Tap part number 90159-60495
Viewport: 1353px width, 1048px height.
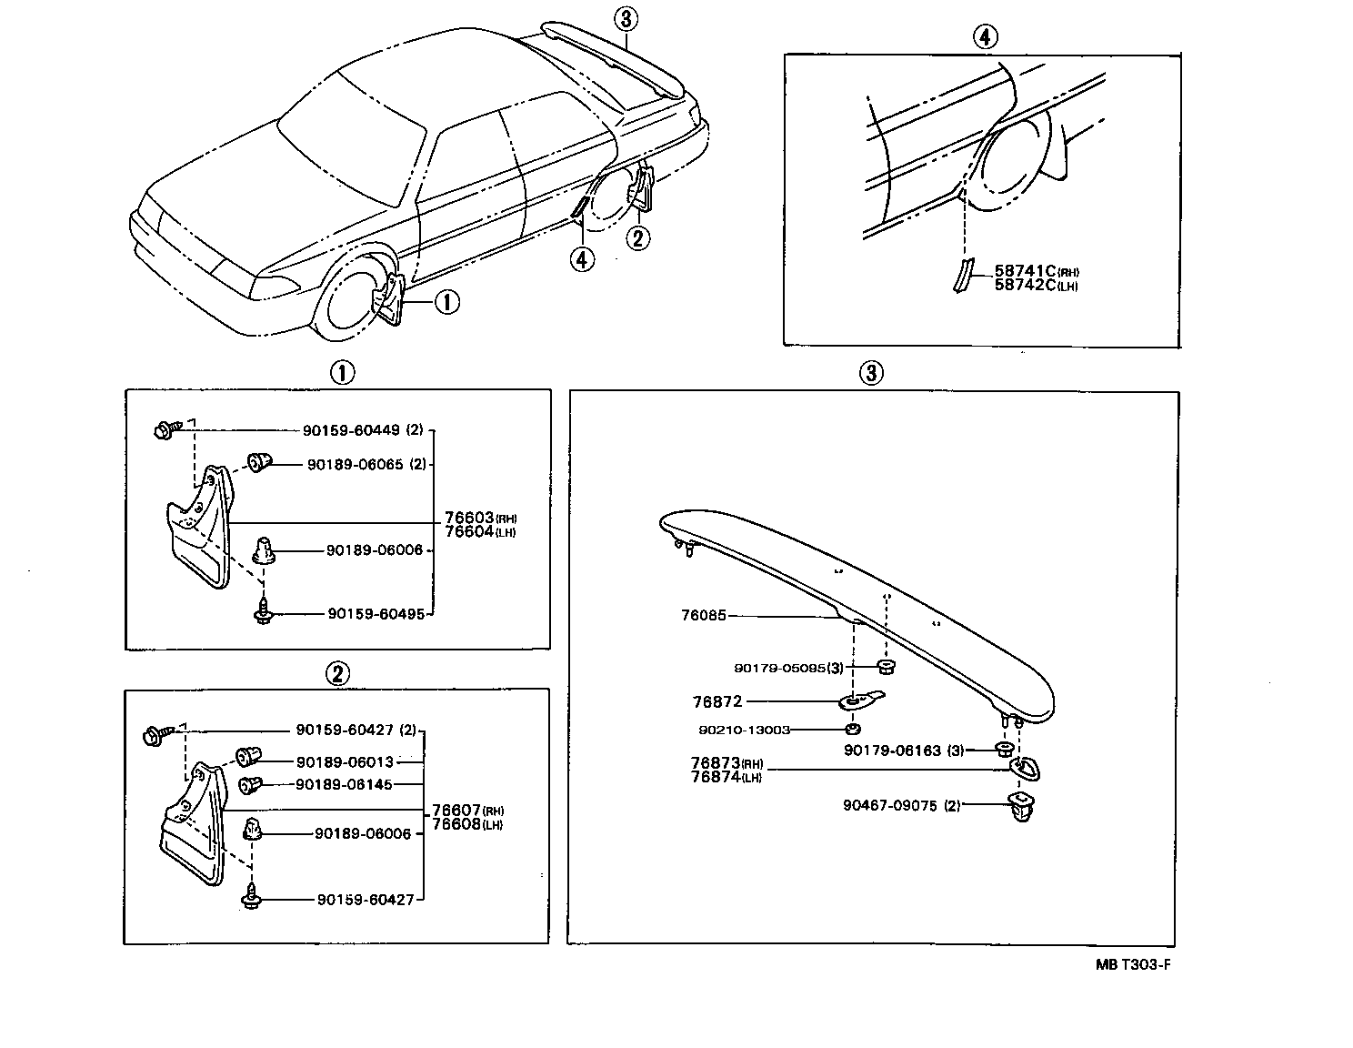[376, 614]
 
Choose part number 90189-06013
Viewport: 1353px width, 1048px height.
[344, 761]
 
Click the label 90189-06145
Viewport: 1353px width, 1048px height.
[344, 784]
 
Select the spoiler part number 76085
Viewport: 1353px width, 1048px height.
[704, 616]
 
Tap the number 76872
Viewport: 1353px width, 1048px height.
[717, 701]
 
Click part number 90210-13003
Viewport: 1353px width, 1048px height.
[745, 730]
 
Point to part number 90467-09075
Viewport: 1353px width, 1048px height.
[889, 805]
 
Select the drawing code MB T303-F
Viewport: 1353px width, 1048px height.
[1133, 965]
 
